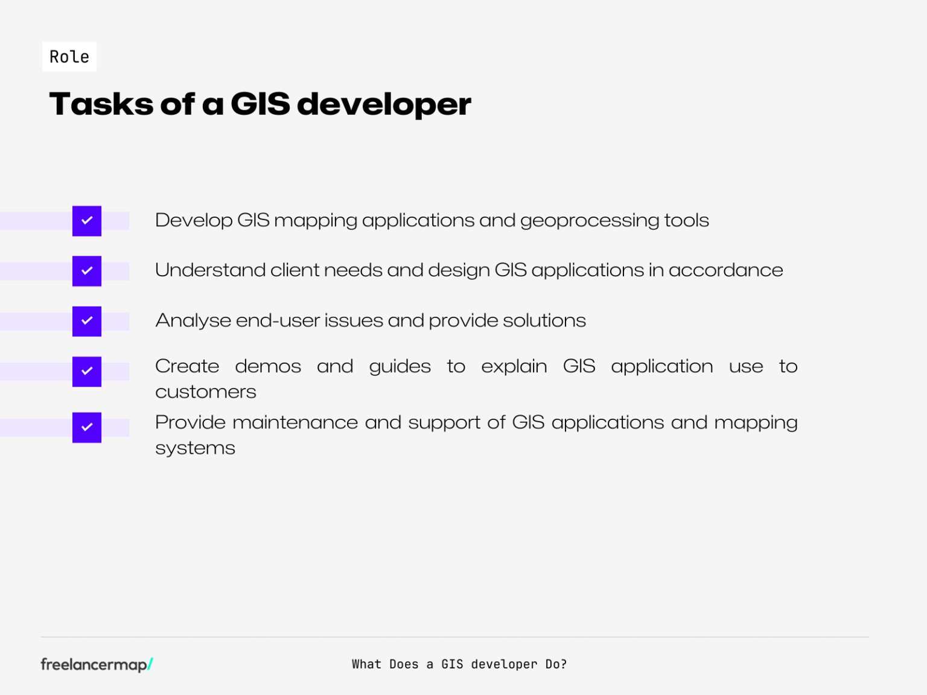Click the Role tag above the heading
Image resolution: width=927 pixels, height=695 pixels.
click(69, 57)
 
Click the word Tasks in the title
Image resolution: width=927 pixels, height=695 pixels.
click(101, 104)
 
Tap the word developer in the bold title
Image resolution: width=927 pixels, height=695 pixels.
click(384, 104)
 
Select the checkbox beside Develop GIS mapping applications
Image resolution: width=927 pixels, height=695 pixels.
click(87, 221)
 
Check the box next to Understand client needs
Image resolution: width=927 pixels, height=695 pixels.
click(87, 271)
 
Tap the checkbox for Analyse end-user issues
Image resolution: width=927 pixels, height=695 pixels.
click(87, 321)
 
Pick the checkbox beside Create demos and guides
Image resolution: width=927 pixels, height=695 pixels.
click(87, 371)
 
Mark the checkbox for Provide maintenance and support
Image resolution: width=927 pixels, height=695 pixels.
click(87, 427)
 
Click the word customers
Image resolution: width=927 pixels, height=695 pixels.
click(206, 392)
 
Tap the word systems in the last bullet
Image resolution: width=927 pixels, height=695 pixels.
click(195, 448)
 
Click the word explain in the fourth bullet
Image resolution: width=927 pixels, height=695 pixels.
click(514, 367)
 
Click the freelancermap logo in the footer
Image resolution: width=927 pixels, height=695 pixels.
click(94, 664)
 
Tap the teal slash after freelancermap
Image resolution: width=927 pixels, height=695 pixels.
click(150, 664)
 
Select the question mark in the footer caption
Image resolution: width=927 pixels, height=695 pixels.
click(564, 664)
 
